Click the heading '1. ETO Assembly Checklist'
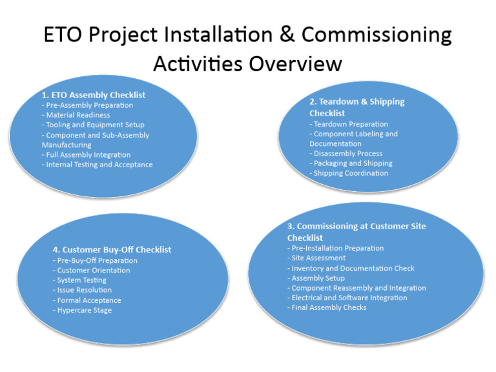[94, 95]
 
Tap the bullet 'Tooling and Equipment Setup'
[93, 125]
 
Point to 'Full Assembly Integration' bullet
[86, 155]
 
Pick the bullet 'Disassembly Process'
[346, 154]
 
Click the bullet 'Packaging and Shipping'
[351, 163]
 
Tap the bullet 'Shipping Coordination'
[349, 173]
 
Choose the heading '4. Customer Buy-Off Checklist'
[112, 250]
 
